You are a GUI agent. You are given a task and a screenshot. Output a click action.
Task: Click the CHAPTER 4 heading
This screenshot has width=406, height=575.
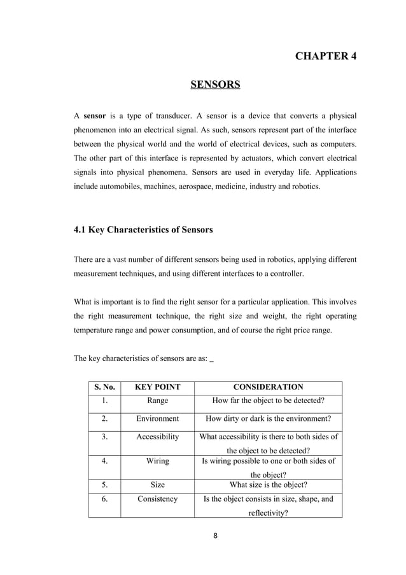[326, 56]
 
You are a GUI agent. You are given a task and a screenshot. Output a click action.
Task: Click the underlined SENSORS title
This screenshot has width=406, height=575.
[215, 85]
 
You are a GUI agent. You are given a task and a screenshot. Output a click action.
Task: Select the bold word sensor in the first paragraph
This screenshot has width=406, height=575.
[95, 117]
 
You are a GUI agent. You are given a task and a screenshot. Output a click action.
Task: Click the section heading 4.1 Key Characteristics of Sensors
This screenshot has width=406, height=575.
[143, 230]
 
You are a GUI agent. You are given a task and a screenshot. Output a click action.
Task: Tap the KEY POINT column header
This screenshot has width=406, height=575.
[157, 387]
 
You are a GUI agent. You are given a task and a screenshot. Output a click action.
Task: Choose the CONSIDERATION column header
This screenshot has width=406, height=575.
[268, 387]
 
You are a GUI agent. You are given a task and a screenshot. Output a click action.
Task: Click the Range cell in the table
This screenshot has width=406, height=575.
[157, 401]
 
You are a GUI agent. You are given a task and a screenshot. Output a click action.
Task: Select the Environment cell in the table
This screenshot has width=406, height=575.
[157, 419]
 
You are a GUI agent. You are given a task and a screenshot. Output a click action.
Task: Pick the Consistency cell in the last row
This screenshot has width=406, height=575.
[157, 499]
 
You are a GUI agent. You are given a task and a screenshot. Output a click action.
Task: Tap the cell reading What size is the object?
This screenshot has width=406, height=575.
[268, 484]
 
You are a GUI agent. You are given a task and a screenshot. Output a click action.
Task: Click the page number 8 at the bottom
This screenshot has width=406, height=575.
[215, 536]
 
